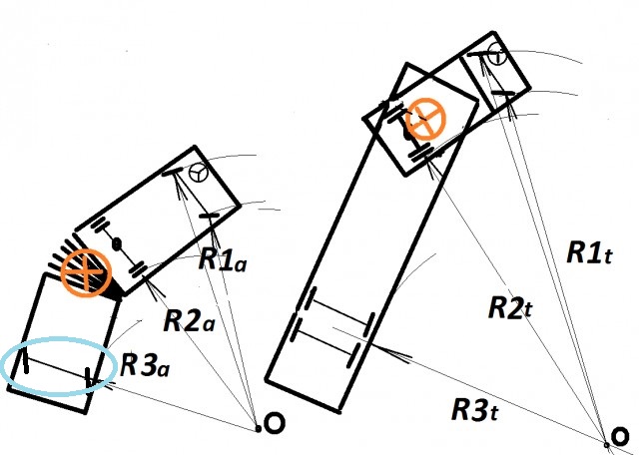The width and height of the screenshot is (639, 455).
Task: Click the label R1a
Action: [x=223, y=259]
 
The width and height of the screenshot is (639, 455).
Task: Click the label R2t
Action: [x=510, y=307]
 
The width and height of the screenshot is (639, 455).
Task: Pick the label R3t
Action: [x=475, y=409]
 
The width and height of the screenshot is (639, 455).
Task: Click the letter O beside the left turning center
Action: [x=275, y=423]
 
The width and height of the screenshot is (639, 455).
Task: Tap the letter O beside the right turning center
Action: [x=621, y=437]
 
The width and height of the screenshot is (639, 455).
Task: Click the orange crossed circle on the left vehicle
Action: [x=86, y=273]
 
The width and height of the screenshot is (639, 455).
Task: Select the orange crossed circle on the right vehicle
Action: [x=426, y=119]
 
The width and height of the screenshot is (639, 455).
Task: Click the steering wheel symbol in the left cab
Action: [x=199, y=173]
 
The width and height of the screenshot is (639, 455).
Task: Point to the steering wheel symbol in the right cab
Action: [x=497, y=54]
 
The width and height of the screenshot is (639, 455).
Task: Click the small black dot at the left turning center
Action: [x=258, y=428]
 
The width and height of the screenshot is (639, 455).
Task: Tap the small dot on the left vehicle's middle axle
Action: [x=117, y=244]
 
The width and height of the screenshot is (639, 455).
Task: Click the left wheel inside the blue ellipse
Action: [x=25, y=359]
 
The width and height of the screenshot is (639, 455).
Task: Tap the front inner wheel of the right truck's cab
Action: [x=503, y=93]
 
